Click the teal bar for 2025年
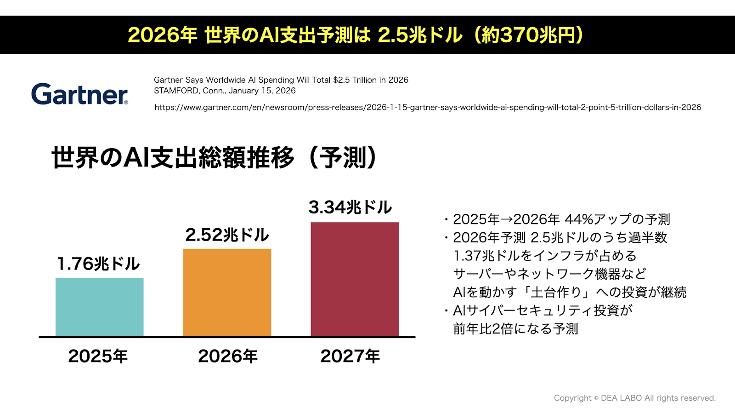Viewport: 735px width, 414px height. [99, 307]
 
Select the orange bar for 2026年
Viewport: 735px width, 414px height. [227, 293]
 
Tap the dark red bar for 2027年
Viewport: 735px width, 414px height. [355, 279]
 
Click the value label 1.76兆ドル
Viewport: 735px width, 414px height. [98, 264]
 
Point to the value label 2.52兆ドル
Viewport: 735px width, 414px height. [227, 235]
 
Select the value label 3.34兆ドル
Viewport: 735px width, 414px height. [350, 207]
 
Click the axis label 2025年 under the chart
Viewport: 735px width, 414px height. [98, 356]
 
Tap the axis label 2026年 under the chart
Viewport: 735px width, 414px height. [228, 356]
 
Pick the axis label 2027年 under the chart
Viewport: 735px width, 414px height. [350, 356]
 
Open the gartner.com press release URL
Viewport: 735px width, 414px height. [428, 107]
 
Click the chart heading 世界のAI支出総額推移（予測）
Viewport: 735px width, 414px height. [214, 158]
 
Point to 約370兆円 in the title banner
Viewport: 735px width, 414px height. [529, 35]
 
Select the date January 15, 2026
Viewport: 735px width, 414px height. [262, 91]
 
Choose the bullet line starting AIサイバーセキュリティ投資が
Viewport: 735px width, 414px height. [543, 310]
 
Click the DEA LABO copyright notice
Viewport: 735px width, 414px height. [634, 398]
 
